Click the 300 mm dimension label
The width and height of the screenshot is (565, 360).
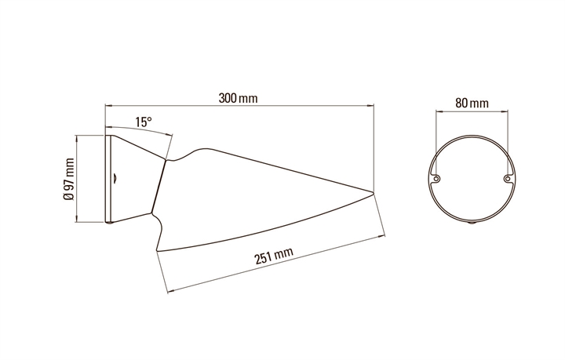click(239, 98)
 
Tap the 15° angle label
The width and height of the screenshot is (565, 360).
click(144, 122)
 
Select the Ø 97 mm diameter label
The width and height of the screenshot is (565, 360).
click(68, 179)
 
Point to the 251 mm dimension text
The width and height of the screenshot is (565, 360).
click(274, 256)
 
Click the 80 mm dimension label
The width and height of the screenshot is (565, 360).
click(472, 103)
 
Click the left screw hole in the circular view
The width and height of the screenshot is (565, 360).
click(436, 178)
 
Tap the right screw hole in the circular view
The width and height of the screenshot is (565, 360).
click(508, 178)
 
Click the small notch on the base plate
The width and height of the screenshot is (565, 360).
click(115, 177)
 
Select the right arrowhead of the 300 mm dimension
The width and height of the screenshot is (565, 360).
click(370, 105)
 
